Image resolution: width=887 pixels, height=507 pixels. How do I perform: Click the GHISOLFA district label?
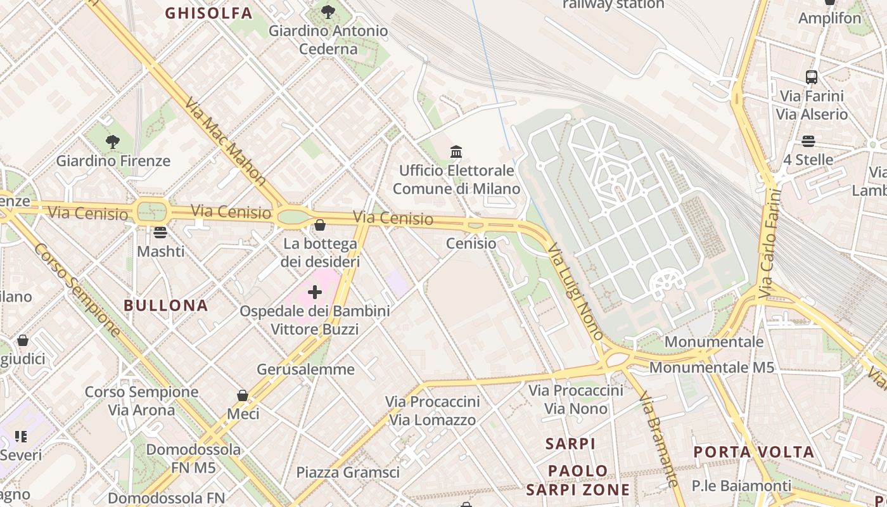tap(208, 13)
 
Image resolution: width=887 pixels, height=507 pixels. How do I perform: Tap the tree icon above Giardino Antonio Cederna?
tap(328, 11)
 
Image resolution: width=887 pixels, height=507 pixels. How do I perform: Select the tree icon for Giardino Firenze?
tap(113, 141)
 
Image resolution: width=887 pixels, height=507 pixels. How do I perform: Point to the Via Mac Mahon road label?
tap(226, 141)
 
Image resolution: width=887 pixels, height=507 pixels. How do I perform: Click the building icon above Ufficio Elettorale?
tap(456, 151)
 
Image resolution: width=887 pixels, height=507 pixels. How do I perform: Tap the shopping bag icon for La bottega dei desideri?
tap(320, 225)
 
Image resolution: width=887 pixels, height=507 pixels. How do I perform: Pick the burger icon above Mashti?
tap(160, 233)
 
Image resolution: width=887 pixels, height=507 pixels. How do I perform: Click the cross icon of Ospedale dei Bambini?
tap(315, 292)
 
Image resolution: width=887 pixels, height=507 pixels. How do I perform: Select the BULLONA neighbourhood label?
tap(166, 305)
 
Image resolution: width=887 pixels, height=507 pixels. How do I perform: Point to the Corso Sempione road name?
tap(77, 290)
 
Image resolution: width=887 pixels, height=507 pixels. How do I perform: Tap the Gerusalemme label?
tap(305, 369)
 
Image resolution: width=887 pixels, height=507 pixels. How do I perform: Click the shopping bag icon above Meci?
tap(242, 395)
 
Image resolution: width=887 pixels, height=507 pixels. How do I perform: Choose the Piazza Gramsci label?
tap(348, 472)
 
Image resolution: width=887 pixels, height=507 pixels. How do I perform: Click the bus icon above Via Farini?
tap(812, 77)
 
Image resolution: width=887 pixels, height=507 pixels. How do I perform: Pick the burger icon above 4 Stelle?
tap(808, 141)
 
